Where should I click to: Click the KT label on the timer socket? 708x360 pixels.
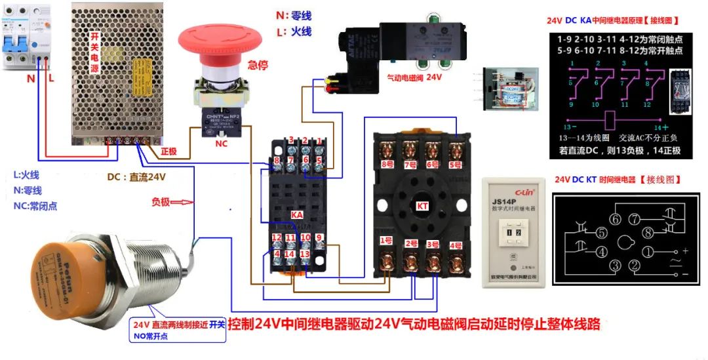pyautogui.click(x=422, y=205)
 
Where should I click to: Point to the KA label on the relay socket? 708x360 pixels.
pyautogui.click(x=296, y=214)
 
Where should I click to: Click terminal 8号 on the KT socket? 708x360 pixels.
pyautogui.click(x=387, y=166)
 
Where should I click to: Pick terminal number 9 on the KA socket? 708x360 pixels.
pyautogui.click(x=319, y=237)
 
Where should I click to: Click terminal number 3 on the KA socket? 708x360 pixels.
pyautogui.click(x=290, y=140)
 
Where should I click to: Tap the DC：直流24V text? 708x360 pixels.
pyautogui.click(x=136, y=176)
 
